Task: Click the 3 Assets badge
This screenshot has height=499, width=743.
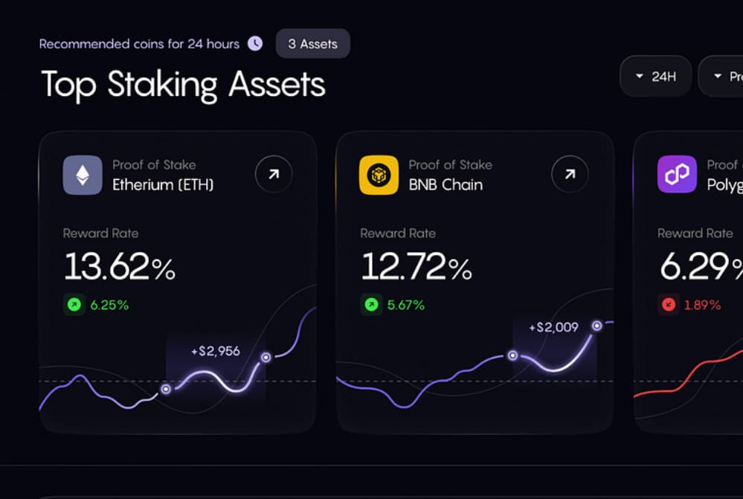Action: pos(312,44)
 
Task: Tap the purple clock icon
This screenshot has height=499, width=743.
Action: pos(255,43)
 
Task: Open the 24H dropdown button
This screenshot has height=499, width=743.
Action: pos(655,76)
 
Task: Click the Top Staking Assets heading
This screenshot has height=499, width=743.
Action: pos(183,84)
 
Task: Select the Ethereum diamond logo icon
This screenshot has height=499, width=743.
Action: pos(83,175)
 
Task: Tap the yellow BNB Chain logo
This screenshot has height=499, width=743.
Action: pos(379,175)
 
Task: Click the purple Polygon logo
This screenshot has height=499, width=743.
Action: pos(676,175)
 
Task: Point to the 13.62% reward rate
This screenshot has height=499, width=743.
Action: pos(119,267)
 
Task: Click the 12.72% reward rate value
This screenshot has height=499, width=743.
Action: pos(416,267)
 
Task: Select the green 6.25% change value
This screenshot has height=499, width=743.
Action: pos(109,305)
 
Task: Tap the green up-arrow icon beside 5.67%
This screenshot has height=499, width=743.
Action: pos(371,305)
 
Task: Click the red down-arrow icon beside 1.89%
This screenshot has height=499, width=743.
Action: pos(669,305)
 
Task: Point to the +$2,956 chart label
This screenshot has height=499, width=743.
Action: pos(215,351)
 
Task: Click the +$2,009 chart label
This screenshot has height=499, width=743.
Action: pos(553,327)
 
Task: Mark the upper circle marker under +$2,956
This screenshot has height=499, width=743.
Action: pos(266,358)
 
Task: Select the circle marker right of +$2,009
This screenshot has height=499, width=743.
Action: pos(596,326)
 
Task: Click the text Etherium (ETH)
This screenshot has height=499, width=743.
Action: pos(163,184)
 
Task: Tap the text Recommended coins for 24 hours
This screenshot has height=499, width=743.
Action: pos(139,44)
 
